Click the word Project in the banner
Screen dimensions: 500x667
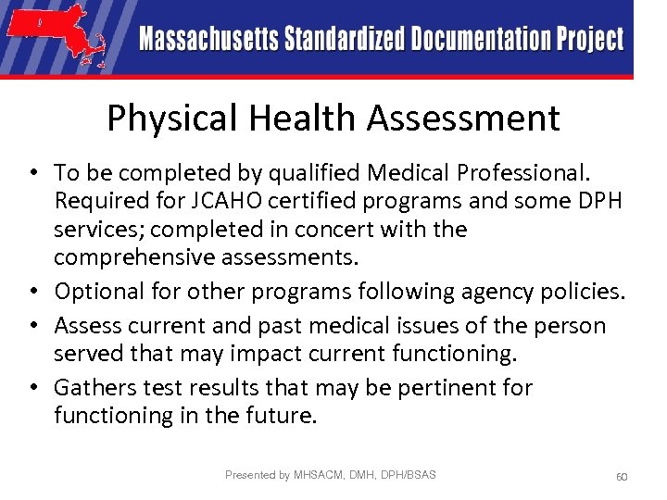(x=590, y=40)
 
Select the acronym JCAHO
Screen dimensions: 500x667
(x=220, y=201)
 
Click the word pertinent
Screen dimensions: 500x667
(x=454, y=387)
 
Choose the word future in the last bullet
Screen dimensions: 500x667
(x=278, y=416)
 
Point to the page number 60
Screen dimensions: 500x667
(x=622, y=476)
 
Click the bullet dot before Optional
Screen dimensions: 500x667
(x=31, y=292)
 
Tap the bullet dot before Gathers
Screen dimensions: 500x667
(x=31, y=387)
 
